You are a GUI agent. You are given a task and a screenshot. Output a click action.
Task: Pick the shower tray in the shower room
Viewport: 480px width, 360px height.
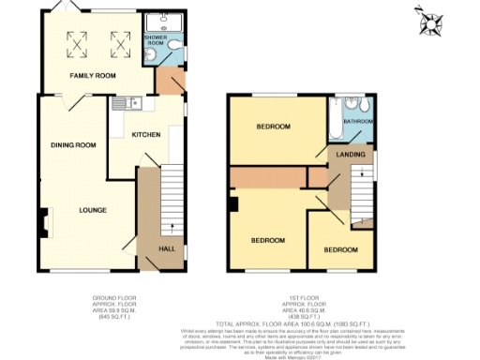(x=165, y=22)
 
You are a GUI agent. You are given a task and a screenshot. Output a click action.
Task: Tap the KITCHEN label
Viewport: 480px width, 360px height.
(x=146, y=135)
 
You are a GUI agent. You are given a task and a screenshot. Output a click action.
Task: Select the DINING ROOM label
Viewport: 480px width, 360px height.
(x=74, y=145)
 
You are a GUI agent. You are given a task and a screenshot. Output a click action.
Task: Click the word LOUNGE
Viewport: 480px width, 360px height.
(x=91, y=209)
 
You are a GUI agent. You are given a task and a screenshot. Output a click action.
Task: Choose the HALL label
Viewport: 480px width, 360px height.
(x=165, y=248)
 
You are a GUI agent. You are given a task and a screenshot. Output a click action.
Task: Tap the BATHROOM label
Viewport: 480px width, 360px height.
(x=358, y=122)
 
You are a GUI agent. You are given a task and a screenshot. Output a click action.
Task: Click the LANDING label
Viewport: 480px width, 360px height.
(x=351, y=154)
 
